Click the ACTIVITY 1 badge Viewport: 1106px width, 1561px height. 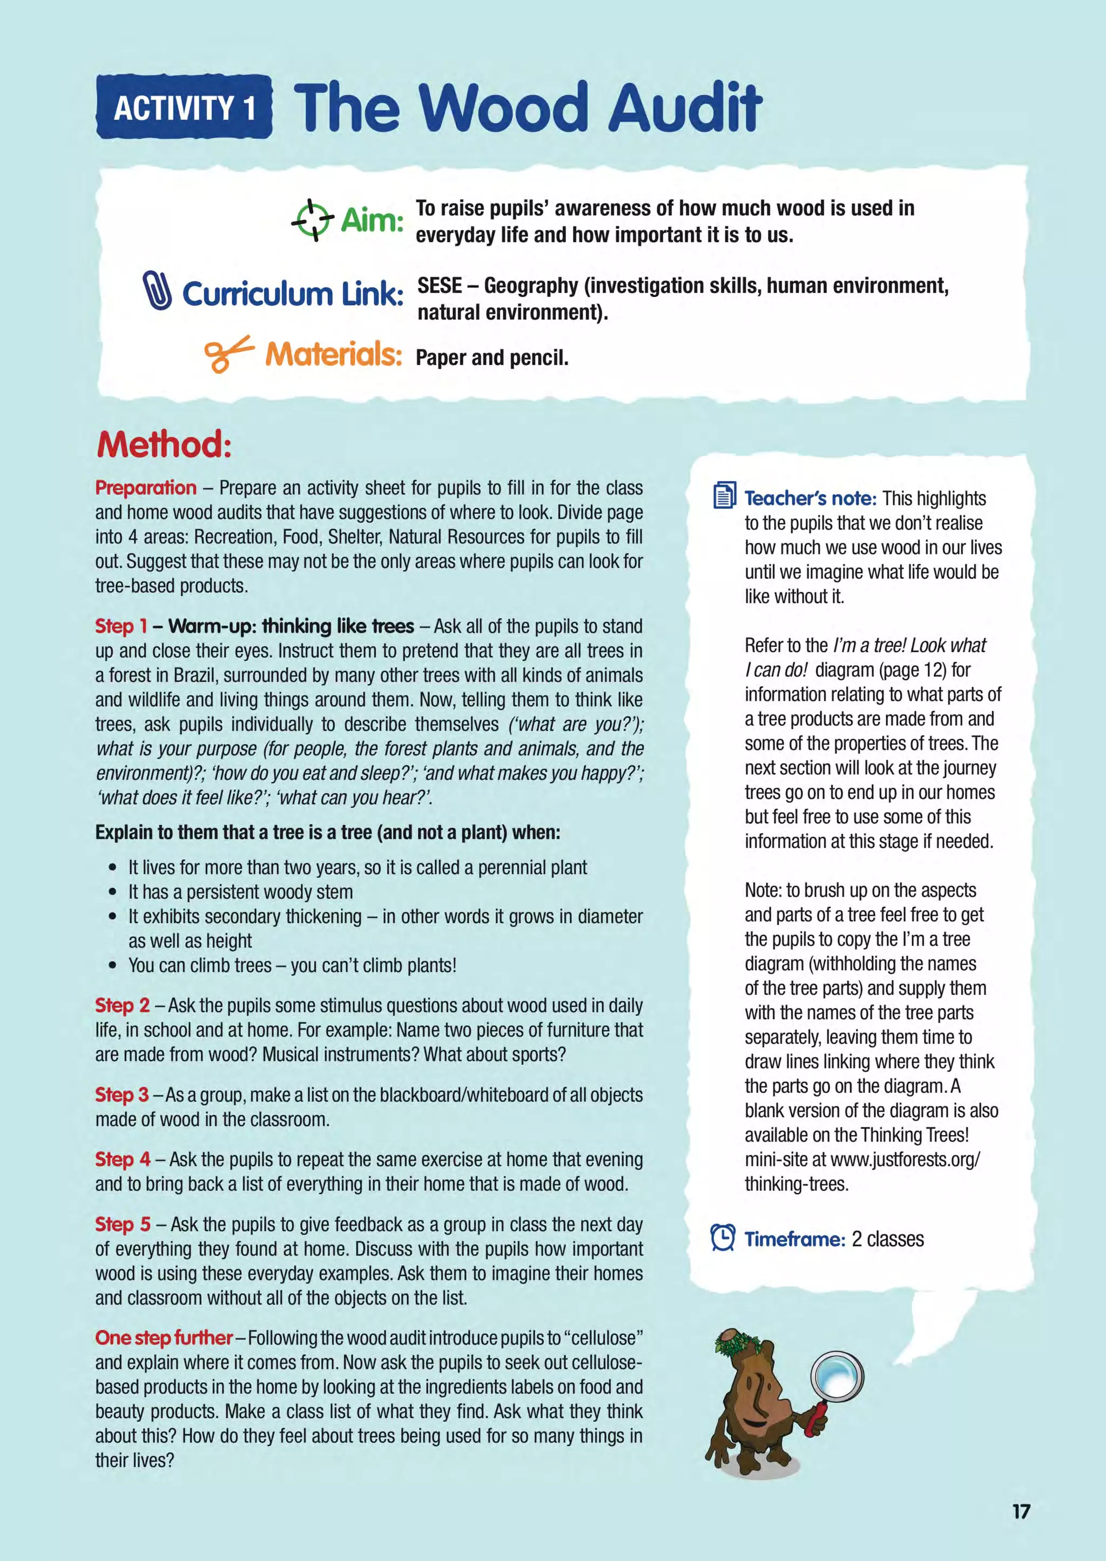pyautogui.click(x=184, y=107)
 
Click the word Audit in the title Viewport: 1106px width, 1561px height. pyautogui.click(x=684, y=107)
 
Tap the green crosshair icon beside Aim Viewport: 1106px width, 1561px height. pyautogui.click(x=312, y=220)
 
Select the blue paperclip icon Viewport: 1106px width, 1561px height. pyautogui.click(x=157, y=290)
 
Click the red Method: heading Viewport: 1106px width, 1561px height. pyautogui.click(x=164, y=444)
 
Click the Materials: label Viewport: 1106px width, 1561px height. pyautogui.click(x=333, y=354)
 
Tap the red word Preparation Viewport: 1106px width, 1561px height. pyautogui.click(x=146, y=488)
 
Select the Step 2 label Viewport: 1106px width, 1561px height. pyautogui.click(x=123, y=1005)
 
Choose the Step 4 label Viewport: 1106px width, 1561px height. pyautogui.click(x=123, y=1159)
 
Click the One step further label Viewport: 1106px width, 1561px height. pyautogui.click(x=164, y=1337)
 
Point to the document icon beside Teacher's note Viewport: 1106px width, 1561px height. pyautogui.click(x=724, y=496)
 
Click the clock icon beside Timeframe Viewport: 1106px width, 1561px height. pyautogui.click(x=723, y=1238)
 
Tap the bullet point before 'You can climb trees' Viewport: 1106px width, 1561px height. pyautogui.click(x=113, y=966)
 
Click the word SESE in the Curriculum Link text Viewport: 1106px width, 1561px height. pyautogui.click(x=439, y=286)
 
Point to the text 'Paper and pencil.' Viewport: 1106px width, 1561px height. pyautogui.click(x=492, y=357)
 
